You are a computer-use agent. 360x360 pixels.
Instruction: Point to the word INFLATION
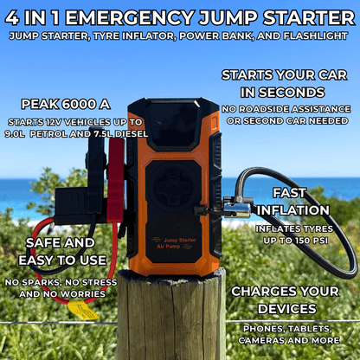click(300, 209)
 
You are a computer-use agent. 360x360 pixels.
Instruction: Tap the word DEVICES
click(285, 309)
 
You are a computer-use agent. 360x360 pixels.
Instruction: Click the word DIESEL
click(131, 134)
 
